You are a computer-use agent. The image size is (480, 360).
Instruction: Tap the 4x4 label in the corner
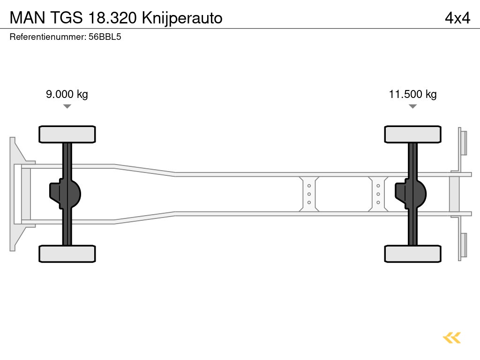[x=457, y=18]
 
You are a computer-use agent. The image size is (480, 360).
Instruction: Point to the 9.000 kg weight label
[x=67, y=94]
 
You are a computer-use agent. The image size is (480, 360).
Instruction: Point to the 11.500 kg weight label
[x=412, y=94]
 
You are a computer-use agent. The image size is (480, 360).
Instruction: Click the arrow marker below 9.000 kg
[x=67, y=106]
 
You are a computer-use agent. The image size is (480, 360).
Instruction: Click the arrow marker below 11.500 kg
[x=412, y=106]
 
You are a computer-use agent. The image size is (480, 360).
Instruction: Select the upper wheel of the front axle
[x=67, y=134]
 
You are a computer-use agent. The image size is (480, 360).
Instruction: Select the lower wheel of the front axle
[x=67, y=254]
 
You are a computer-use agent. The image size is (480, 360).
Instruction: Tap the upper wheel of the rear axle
[x=412, y=134]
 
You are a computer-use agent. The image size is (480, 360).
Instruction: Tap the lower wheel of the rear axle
[x=412, y=254]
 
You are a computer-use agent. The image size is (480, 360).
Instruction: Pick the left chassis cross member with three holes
[x=309, y=194]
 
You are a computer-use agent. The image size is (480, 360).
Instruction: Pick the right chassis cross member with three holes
[x=378, y=194]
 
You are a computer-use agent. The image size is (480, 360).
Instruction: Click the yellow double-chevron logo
[x=452, y=337]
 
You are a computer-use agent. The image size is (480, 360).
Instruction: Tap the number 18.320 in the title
[x=112, y=18]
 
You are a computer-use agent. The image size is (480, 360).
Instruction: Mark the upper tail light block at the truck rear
[x=464, y=142]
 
